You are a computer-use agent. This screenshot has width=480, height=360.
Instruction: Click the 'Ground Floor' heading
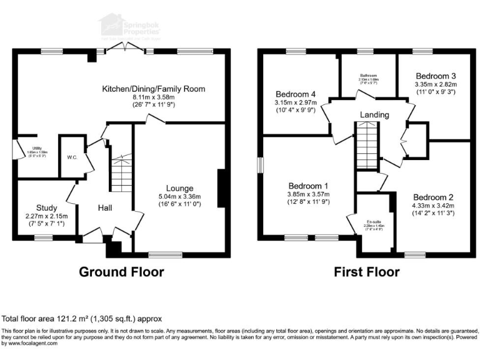click(121, 272)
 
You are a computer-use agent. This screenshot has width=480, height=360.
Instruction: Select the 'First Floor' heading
click(366, 272)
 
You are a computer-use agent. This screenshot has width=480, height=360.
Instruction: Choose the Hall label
click(104, 207)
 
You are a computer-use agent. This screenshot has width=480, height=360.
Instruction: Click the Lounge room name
click(179, 188)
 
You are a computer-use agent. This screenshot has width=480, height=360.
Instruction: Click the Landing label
click(374, 115)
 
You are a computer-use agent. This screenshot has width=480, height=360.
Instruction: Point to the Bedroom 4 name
click(297, 94)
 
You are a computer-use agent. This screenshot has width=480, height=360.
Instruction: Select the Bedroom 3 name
click(436, 76)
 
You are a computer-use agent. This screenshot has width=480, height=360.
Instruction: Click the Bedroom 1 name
click(307, 186)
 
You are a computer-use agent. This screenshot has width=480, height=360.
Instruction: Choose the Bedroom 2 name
click(433, 197)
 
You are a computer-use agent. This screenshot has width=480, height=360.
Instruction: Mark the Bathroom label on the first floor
click(368, 75)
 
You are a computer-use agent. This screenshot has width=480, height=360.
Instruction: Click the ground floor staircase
click(120, 172)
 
